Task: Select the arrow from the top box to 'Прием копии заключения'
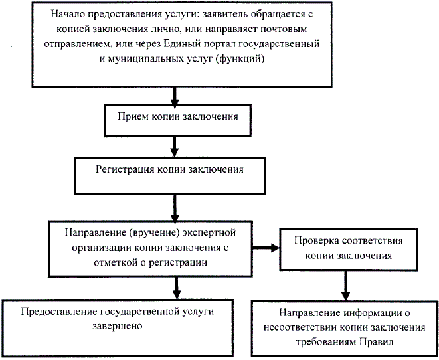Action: [x=174, y=96]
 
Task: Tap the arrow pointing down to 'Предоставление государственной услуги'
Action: [x=175, y=286]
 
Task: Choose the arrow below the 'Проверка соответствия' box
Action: [x=343, y=284]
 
